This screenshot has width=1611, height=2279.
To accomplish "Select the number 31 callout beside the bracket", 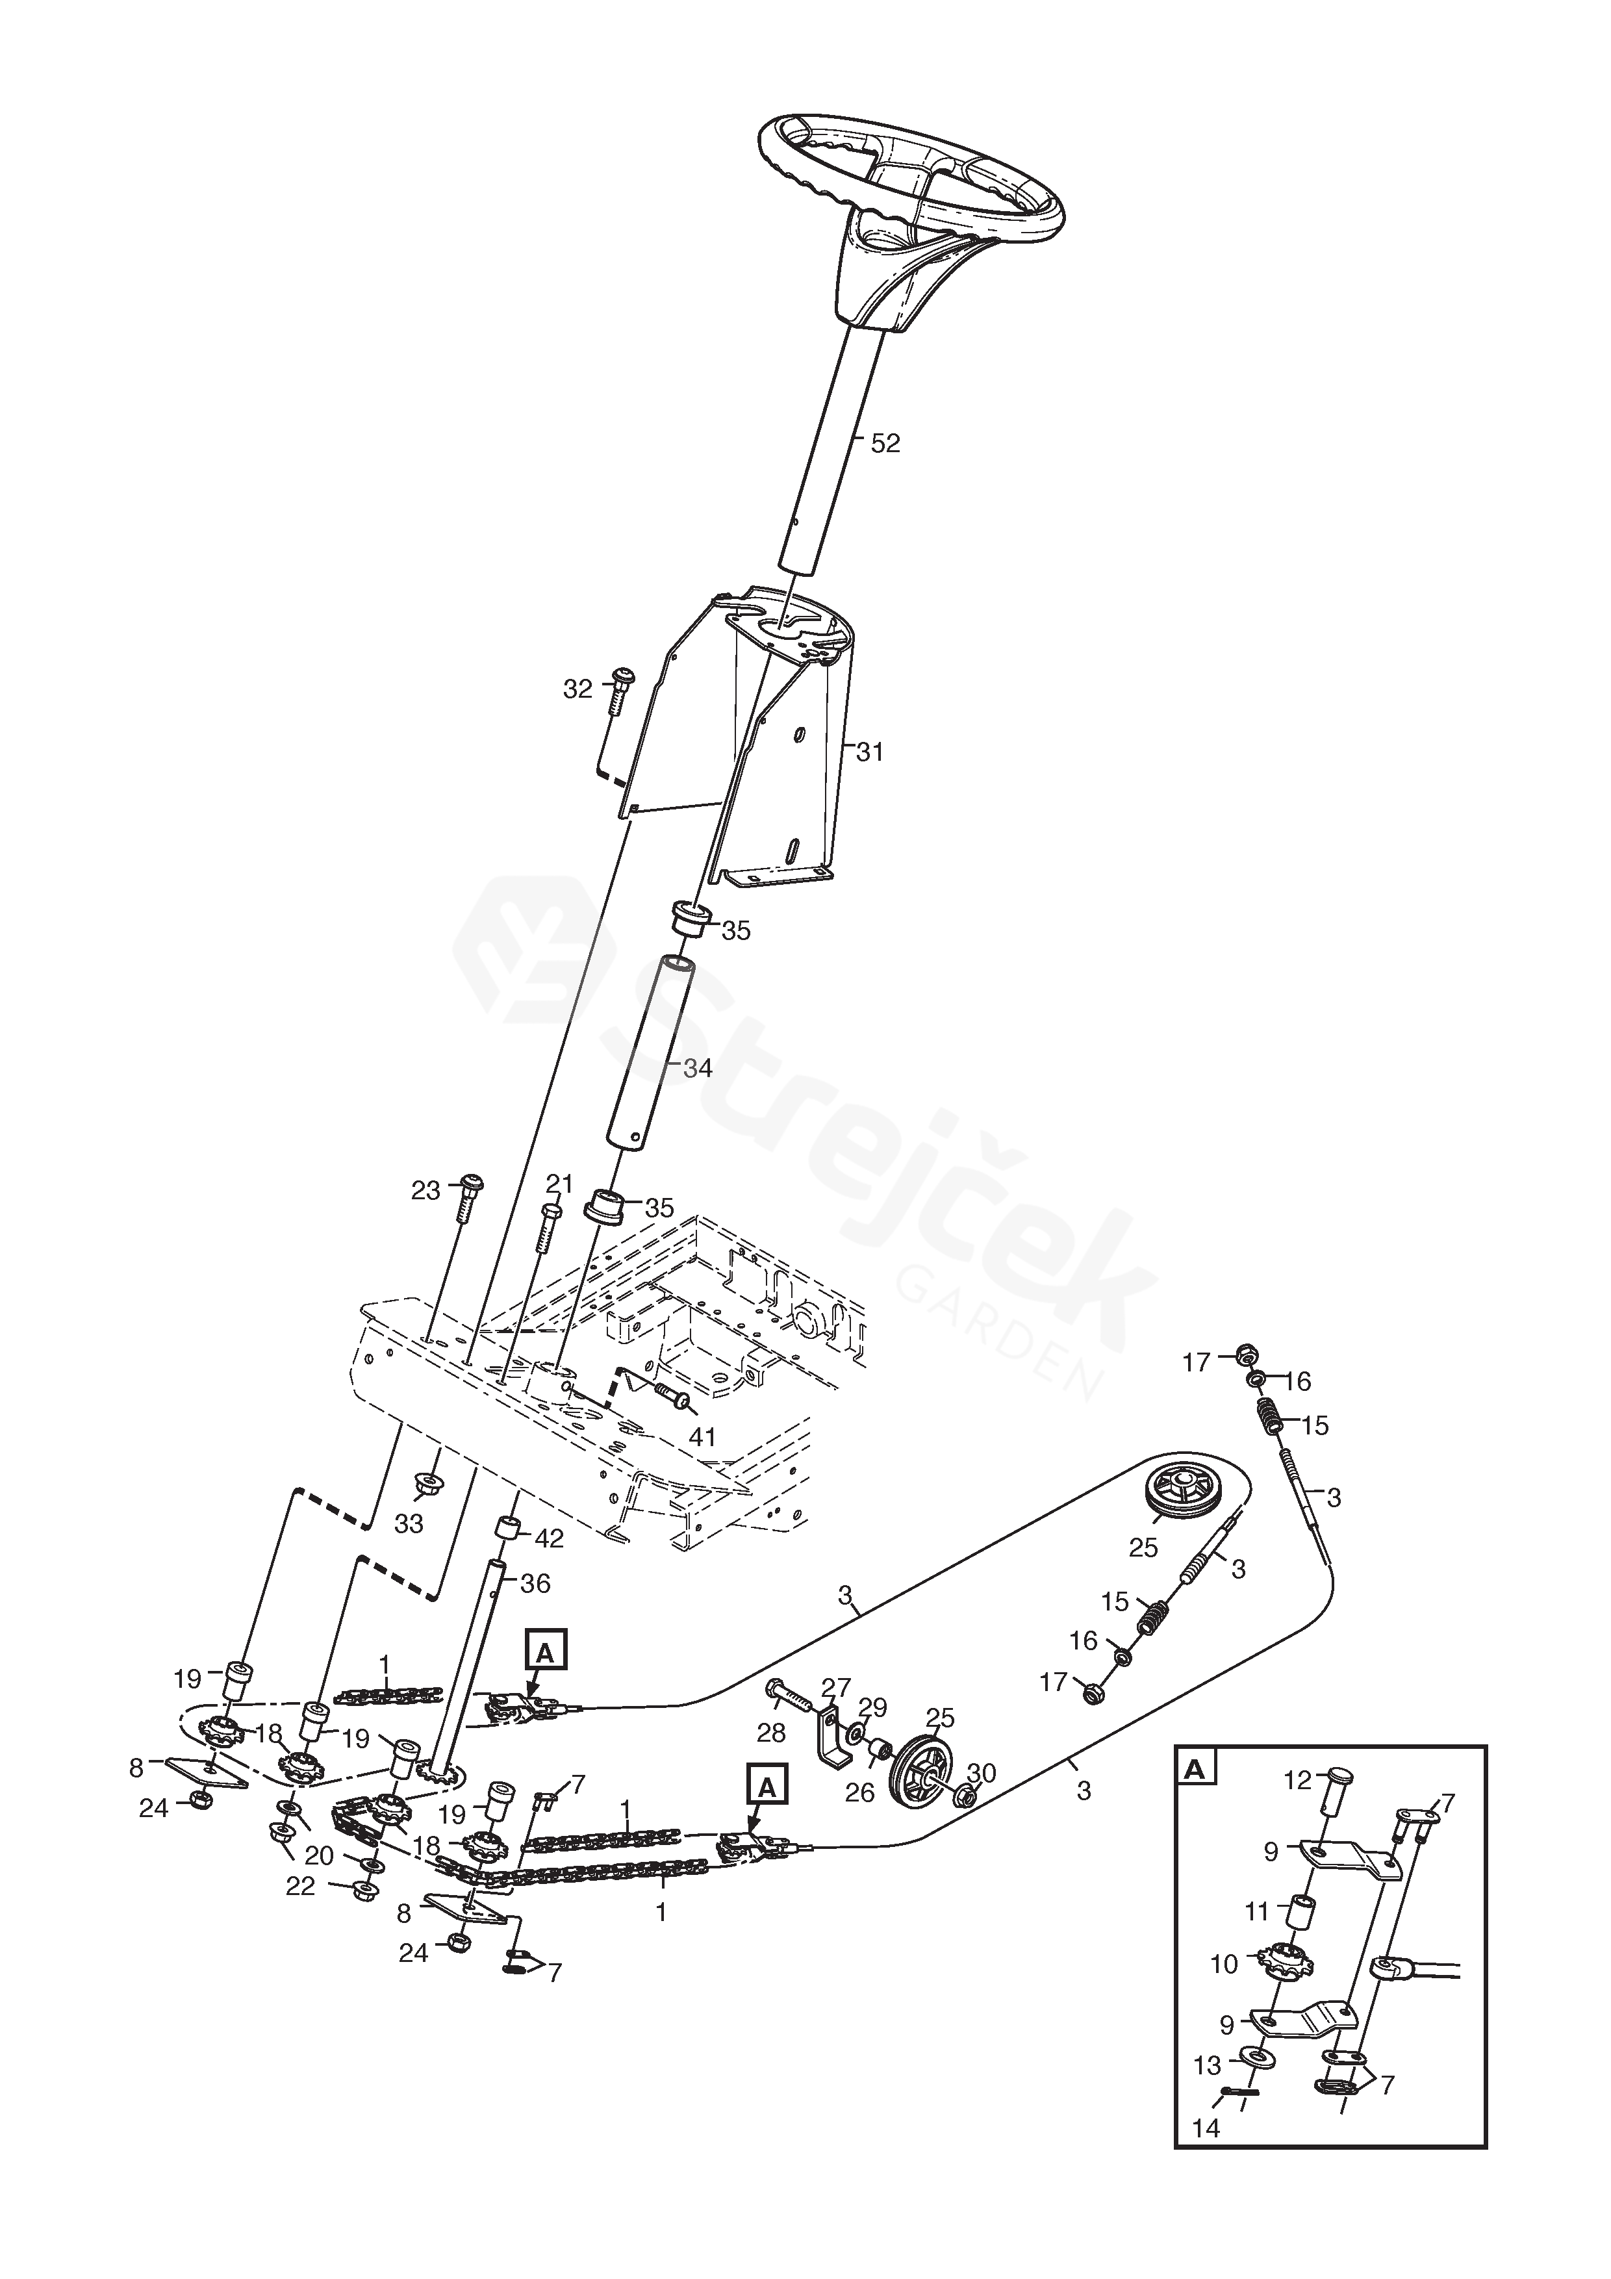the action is (x=870, y=752).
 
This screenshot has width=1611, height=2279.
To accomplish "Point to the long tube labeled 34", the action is (x=650, y=1052).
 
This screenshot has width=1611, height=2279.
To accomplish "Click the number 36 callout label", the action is (x=535, y=1583).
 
